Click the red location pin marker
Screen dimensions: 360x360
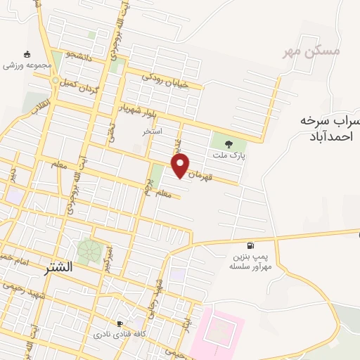click(x=181, y=165)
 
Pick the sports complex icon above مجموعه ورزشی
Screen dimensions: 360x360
click(x=27, y=54)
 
